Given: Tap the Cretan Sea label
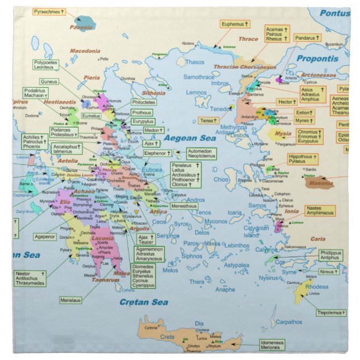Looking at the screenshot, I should tap(144, 302).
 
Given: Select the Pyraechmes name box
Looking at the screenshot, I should tap(49, 11).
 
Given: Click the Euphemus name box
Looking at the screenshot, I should tap(234, 25).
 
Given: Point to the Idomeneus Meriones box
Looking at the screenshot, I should tap(272, 344).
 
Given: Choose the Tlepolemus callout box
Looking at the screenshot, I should tap(331, 312).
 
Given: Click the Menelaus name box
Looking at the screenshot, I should tap(70, 300).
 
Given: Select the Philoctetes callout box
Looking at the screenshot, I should tap(144, 103).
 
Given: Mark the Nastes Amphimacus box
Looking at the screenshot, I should tap(320, 211).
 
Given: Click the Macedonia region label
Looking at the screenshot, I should tap(84, 51).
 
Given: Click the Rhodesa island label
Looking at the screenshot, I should tap(316, 287).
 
